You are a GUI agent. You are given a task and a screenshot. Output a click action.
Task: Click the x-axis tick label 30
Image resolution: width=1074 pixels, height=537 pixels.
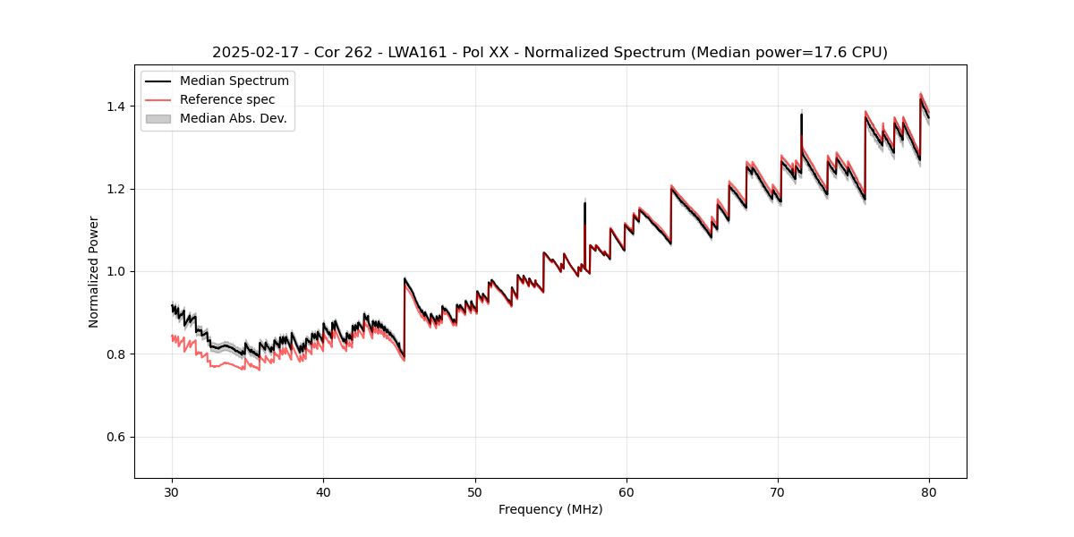pyautogui.click(x=172, y=492)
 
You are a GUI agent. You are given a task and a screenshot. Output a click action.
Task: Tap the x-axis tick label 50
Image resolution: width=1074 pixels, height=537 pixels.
pyautogui.click(x=475, y=492)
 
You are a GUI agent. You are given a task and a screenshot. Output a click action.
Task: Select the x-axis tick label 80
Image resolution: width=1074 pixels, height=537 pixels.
pyautogui.click(x=929, y=492)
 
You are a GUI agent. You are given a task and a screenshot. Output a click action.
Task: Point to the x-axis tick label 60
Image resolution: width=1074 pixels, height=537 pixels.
pyautogui.click(x=626, y=492)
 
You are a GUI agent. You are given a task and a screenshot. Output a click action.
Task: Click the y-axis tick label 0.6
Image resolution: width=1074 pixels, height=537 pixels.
pyautogui.click(x=116, y=437)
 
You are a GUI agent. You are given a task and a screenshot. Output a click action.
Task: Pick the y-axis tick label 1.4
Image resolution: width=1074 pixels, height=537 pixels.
pyautogui.click(x=116, y=107)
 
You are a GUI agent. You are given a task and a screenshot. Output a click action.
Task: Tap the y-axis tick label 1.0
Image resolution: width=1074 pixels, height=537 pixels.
pyautogui.click(x=116, y=272)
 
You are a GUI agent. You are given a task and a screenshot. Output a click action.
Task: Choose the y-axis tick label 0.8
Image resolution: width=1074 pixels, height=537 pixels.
pyautogui.click(x=116, y=354)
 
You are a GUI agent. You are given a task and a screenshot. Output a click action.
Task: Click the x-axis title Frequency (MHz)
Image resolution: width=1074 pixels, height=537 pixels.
pyautogui.click(x=550, y=509)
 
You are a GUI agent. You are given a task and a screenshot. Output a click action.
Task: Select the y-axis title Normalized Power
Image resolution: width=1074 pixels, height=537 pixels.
pyautogui.click(x=94, y=271)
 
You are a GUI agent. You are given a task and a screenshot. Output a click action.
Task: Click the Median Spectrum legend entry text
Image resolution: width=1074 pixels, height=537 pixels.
pyautogui.click(x=234, y=81)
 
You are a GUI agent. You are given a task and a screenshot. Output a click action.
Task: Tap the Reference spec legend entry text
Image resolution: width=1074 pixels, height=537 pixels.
pyautogui.click(x=227, y=99)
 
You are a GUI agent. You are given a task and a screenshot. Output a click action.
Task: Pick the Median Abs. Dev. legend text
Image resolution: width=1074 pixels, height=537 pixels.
pyautogui.click(x=234, y=118)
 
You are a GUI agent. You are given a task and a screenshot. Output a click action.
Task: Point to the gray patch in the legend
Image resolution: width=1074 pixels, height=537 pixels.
pyautogui.click(x=158, y=118)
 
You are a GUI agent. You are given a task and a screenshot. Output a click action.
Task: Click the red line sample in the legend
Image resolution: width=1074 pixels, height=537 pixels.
pyautogui.click(x=158, y=99)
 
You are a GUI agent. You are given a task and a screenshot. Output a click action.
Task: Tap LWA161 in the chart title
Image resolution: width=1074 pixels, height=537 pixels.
pyautogui.click(x=417, y=53)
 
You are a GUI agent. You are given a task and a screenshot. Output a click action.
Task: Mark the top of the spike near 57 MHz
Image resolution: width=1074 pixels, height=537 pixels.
pyautogui.click(x=584, y=202)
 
